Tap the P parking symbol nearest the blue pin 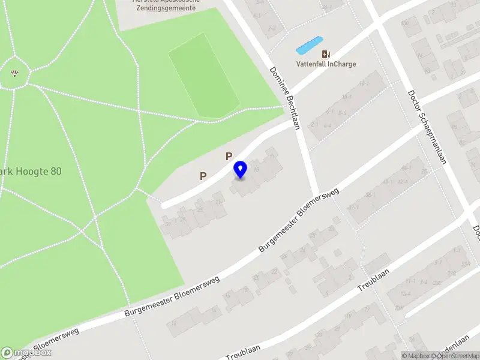pyautogui.click(x=229, y=156)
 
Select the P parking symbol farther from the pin pyautogui.click(x=203, y=176)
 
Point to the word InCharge pyautogui.click(x=342, y=64)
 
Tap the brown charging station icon pyautogui.click(x=326, y=54)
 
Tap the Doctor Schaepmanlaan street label pyautogui.click(x=427, y=127)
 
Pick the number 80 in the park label pyautogui.click(x=56, y=171)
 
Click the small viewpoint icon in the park pyautogui.click(x=14, y=74)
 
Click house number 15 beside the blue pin pyautogui.click(x=257, y=170)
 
